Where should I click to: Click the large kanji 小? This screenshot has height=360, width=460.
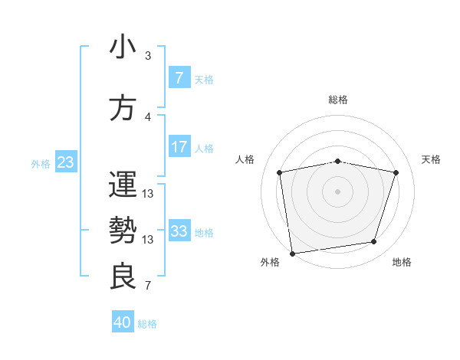(123, 47)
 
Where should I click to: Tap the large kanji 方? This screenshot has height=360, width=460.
(123, 108)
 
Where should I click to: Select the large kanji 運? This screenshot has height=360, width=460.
(123, 185)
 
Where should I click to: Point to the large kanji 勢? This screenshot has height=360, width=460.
(123, 231)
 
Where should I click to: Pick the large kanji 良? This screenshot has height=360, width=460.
(123, 276)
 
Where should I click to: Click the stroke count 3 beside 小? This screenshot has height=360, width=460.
(148, 56)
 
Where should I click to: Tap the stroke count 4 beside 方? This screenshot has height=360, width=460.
(148, 117)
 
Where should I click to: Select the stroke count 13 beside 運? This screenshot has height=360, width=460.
(148, 194)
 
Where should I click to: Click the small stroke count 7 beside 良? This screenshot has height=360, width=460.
(148, 286)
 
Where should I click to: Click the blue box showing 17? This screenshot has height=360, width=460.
(179, 147)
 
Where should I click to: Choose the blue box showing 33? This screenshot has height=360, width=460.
(179, 231)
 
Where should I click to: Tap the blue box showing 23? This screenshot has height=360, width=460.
(65, 162)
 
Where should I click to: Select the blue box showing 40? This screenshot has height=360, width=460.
(123, 322)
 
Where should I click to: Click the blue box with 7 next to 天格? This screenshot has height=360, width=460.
(179, 78)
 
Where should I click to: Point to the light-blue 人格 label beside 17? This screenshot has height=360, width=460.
(204, 148)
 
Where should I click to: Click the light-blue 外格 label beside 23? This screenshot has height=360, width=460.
(40, 163)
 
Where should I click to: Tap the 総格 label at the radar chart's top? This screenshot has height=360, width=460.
(338, 100)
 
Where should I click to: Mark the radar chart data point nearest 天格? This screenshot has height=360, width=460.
(396, 172)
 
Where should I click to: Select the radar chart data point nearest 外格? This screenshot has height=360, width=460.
(292, 253)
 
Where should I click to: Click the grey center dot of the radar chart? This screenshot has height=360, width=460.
(338, 191)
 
